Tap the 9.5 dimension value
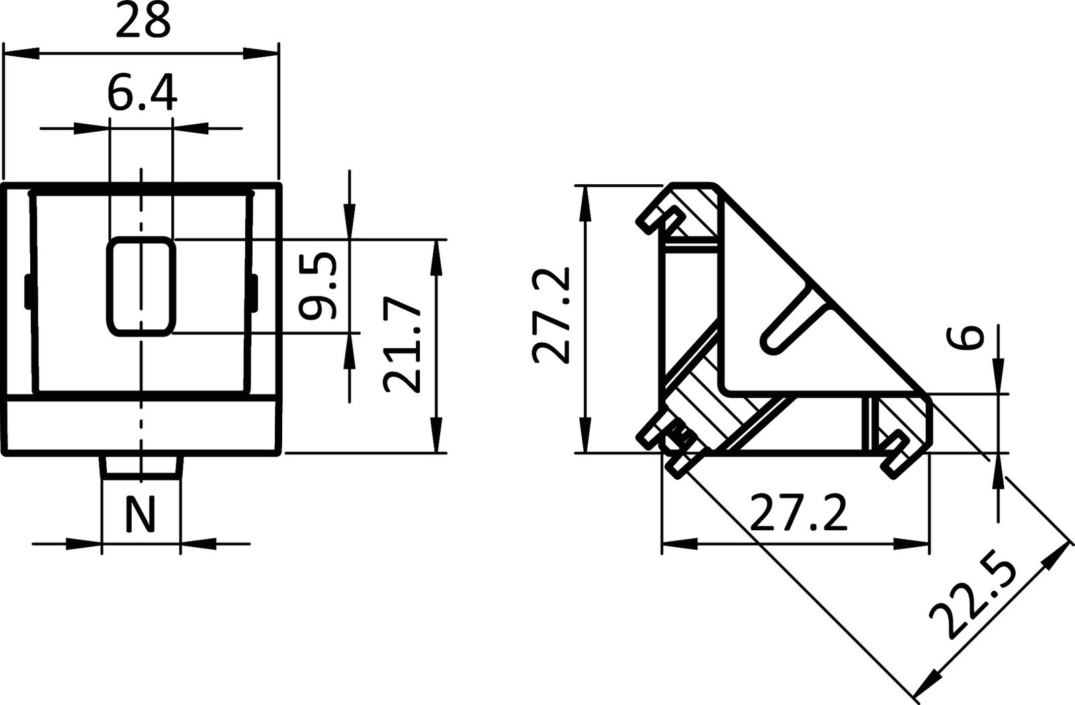[x=316, y=286]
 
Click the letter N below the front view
[x=140, y=514]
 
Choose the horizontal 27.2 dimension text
[x=798, y=512]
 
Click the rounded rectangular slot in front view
[x=141, y=286]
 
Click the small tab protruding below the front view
[x=141, y=466]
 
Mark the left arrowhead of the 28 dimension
[x=20, y=52]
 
